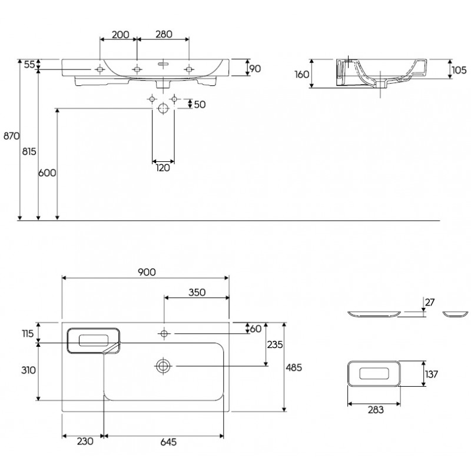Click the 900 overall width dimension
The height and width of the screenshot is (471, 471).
click(147, 271)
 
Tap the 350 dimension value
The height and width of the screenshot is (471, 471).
click(197, 293)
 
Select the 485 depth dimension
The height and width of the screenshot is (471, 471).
click(294, 367)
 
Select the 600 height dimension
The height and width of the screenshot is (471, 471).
click(47, 173)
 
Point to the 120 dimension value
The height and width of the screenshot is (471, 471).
click(163, 168)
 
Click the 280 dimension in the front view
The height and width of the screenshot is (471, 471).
click(163, 34)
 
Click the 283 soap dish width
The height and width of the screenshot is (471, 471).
click(374, 410)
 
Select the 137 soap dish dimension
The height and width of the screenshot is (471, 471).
click(433, 373)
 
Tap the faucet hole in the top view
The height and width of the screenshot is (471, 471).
click(164, 334)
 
